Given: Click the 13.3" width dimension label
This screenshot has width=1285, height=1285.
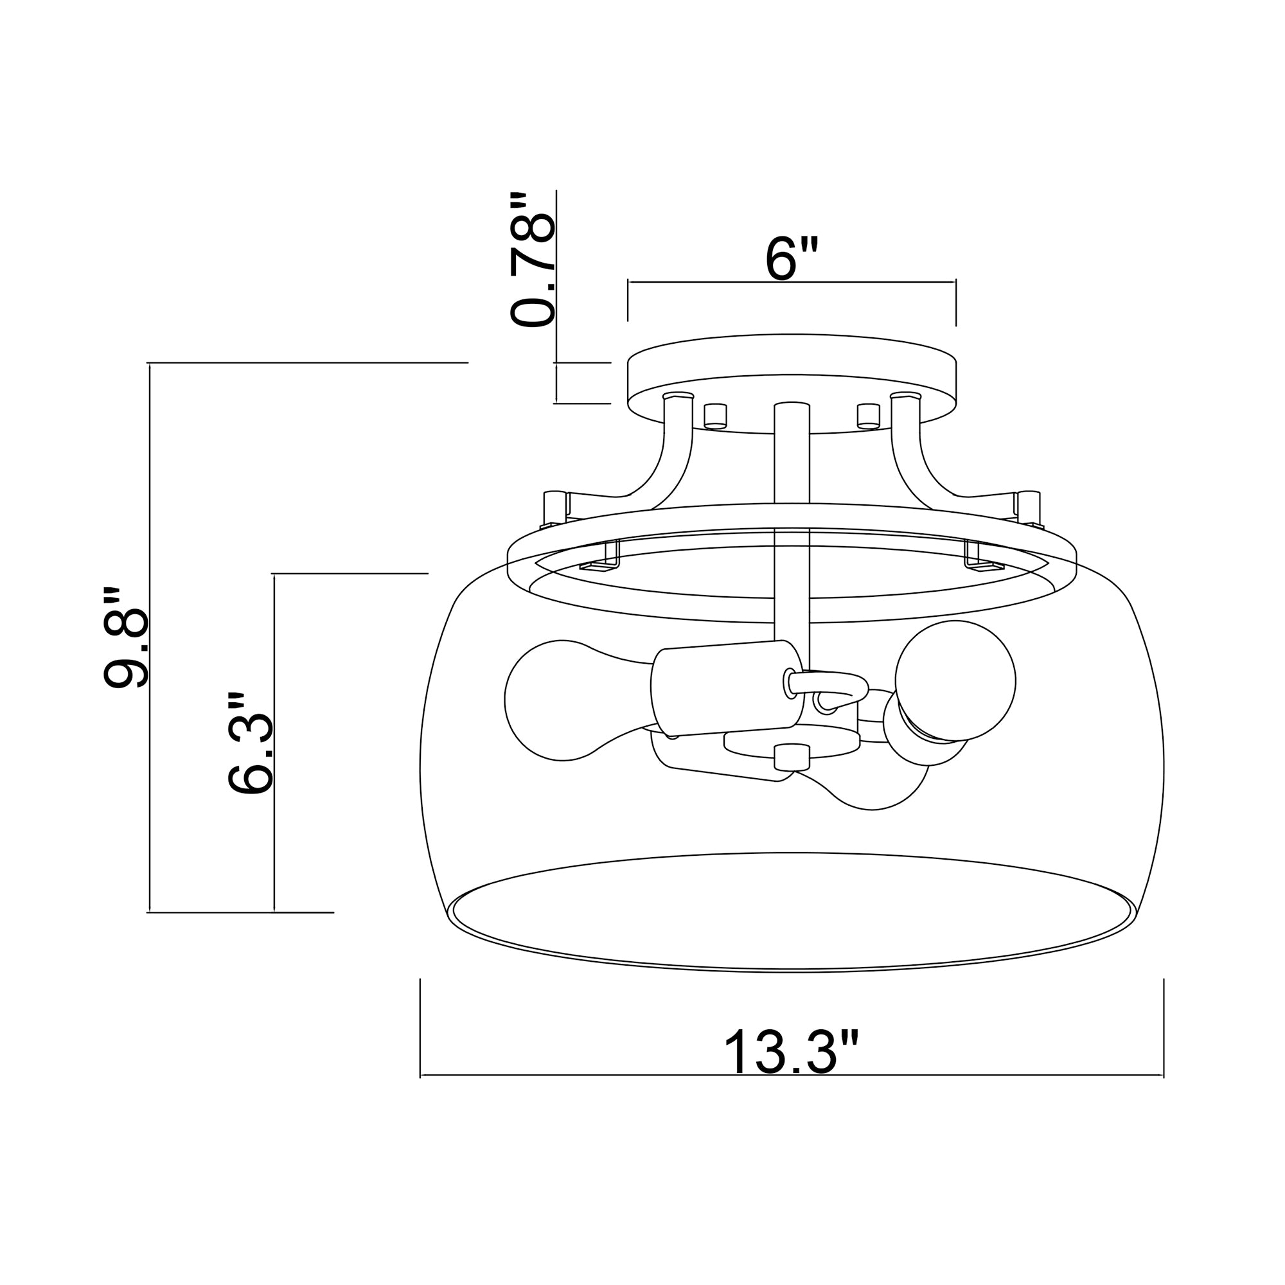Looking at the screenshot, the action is point(792,1052).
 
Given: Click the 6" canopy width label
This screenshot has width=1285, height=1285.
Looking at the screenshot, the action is point(791,259).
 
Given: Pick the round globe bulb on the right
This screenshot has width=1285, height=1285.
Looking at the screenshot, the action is point(955,680).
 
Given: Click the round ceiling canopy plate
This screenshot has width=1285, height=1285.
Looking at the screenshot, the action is point(792,384).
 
